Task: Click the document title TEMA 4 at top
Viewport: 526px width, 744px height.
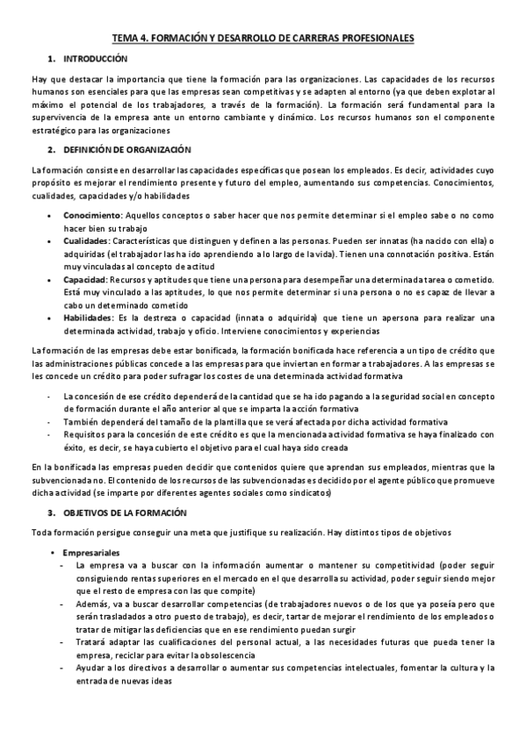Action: [x=263, y=39]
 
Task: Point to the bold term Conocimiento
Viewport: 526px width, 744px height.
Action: [x=92, y=215]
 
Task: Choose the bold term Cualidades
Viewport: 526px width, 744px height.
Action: [x=86, y=240]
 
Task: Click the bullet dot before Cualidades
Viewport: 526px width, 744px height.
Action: [x=54, y=240]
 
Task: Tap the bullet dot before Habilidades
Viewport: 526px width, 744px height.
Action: [x=54, y=317]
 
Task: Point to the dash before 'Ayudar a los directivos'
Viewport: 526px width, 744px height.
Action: [x=59, y=668]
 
